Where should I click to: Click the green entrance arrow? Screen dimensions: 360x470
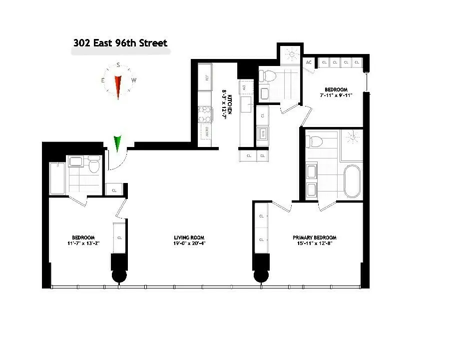[x=118, y=143]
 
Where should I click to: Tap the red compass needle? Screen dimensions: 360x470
[x=118, y=86]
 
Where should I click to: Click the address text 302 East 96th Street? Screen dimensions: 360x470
[x=120, y=43]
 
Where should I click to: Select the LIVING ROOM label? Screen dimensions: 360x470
[x=189, y=237]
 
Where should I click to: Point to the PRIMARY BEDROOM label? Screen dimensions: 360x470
[x=314, y=237]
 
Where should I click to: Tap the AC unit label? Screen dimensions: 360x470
[x=309, y=62]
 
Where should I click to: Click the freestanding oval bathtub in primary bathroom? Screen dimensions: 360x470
[x=353, y=180]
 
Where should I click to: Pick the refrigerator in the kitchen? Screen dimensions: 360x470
[x=206, y=77]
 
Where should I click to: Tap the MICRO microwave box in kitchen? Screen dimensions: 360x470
[x=206, y=132]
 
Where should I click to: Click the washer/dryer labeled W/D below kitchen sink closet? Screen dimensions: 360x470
[x=262, y=133]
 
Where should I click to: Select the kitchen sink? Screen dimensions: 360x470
[x=246, y=105]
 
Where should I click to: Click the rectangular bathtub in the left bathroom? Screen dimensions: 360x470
[x=57, y=178]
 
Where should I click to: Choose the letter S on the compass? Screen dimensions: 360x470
[x=118, y=65]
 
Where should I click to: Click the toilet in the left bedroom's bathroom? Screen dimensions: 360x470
[x=93, y=165]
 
